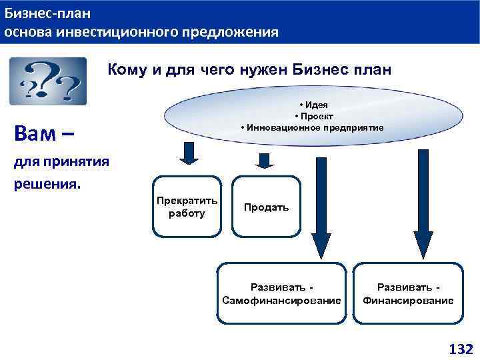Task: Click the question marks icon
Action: tap(47, 81)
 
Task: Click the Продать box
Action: tap(266, 207)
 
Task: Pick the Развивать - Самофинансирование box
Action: tap(281, 293)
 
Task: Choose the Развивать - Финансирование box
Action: tap(408, 293)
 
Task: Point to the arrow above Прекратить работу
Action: tap(189, 153)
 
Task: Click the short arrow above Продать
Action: tap(265, 161)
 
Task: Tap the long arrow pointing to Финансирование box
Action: tap(423, 203)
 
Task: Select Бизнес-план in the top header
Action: tap(48, 13)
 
